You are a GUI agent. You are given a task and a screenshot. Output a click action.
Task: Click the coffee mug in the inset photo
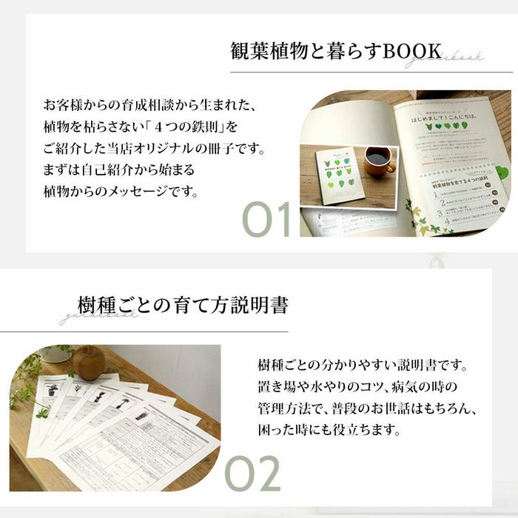(x=380, y=161)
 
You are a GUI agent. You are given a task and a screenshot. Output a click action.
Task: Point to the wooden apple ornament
(x=89, y=363)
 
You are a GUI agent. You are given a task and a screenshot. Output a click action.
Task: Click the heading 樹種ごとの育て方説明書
(x=183, y=305)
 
